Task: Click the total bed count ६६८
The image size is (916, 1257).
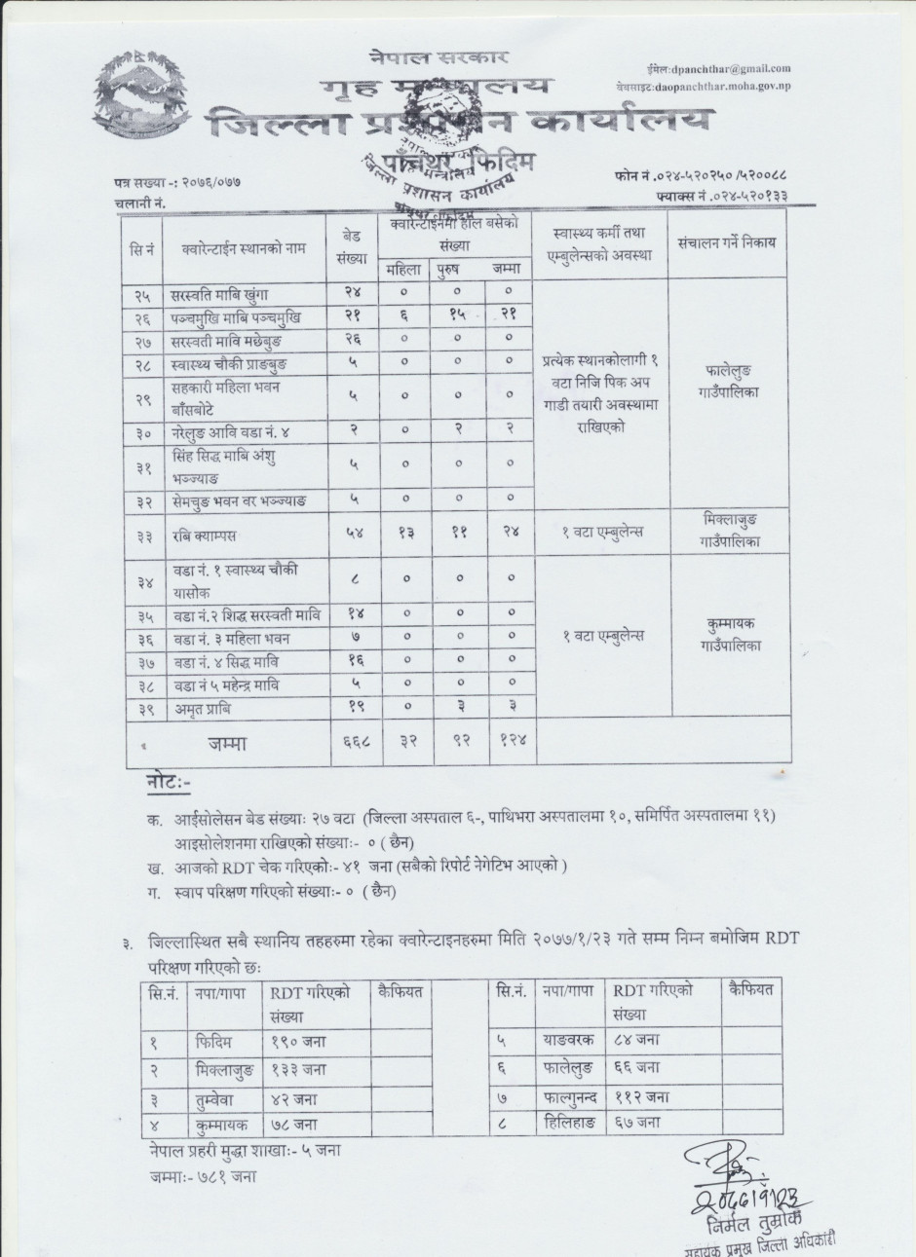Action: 353,743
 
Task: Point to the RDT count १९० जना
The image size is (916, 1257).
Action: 299,1041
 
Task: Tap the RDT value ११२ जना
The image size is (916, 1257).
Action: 642,1095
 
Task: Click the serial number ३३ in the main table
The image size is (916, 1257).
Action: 142,533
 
